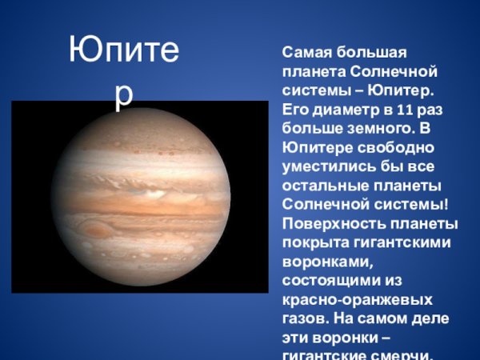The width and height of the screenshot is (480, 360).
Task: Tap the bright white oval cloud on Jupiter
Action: [x=153, y=192]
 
